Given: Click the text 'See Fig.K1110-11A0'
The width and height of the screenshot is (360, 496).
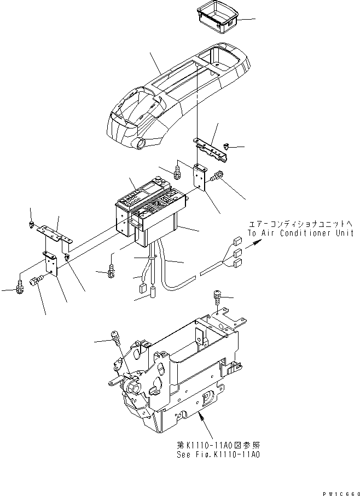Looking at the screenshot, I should coord(215,453).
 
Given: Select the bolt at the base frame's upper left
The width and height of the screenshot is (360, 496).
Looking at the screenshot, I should coord(115,335).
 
